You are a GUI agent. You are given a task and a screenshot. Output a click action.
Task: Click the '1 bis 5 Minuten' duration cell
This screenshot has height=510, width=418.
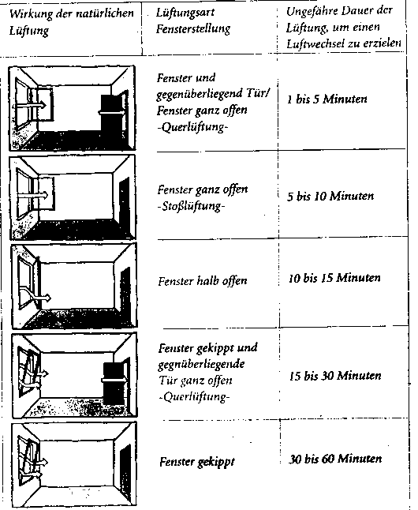(x=327, y=99)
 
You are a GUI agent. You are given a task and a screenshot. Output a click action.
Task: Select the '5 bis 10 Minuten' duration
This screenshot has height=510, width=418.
(x=330, y=196)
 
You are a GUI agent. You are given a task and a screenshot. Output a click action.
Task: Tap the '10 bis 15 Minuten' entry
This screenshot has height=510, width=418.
(x=334, y=278)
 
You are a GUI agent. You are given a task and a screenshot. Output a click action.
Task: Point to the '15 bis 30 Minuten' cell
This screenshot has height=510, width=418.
(x=335, y=376)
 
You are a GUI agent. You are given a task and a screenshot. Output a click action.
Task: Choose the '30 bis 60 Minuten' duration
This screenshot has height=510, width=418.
(x=335, y=459)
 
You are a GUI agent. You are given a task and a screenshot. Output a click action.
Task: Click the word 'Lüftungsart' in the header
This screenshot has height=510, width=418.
(x=185, y=13)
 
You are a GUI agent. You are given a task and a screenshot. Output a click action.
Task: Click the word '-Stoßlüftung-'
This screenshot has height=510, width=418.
(x=191, y=207)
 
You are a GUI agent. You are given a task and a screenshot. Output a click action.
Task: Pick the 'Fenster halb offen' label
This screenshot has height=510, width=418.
(x=203, y=281)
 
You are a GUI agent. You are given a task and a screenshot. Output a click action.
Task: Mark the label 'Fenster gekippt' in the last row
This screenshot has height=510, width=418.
(x=197, y=462)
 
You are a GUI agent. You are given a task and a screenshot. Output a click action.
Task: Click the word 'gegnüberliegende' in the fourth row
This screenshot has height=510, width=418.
(x=202, y=364)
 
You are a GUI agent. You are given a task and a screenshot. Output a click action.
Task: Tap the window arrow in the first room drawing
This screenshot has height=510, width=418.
(x=29, y=105)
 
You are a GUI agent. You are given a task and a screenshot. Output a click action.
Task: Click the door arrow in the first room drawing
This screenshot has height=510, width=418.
(x=112, y=113)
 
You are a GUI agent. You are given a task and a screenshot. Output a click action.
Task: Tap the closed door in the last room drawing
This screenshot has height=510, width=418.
(x=125, y=468)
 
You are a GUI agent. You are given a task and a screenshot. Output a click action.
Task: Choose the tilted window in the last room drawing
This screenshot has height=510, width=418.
(x=28, y=458)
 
